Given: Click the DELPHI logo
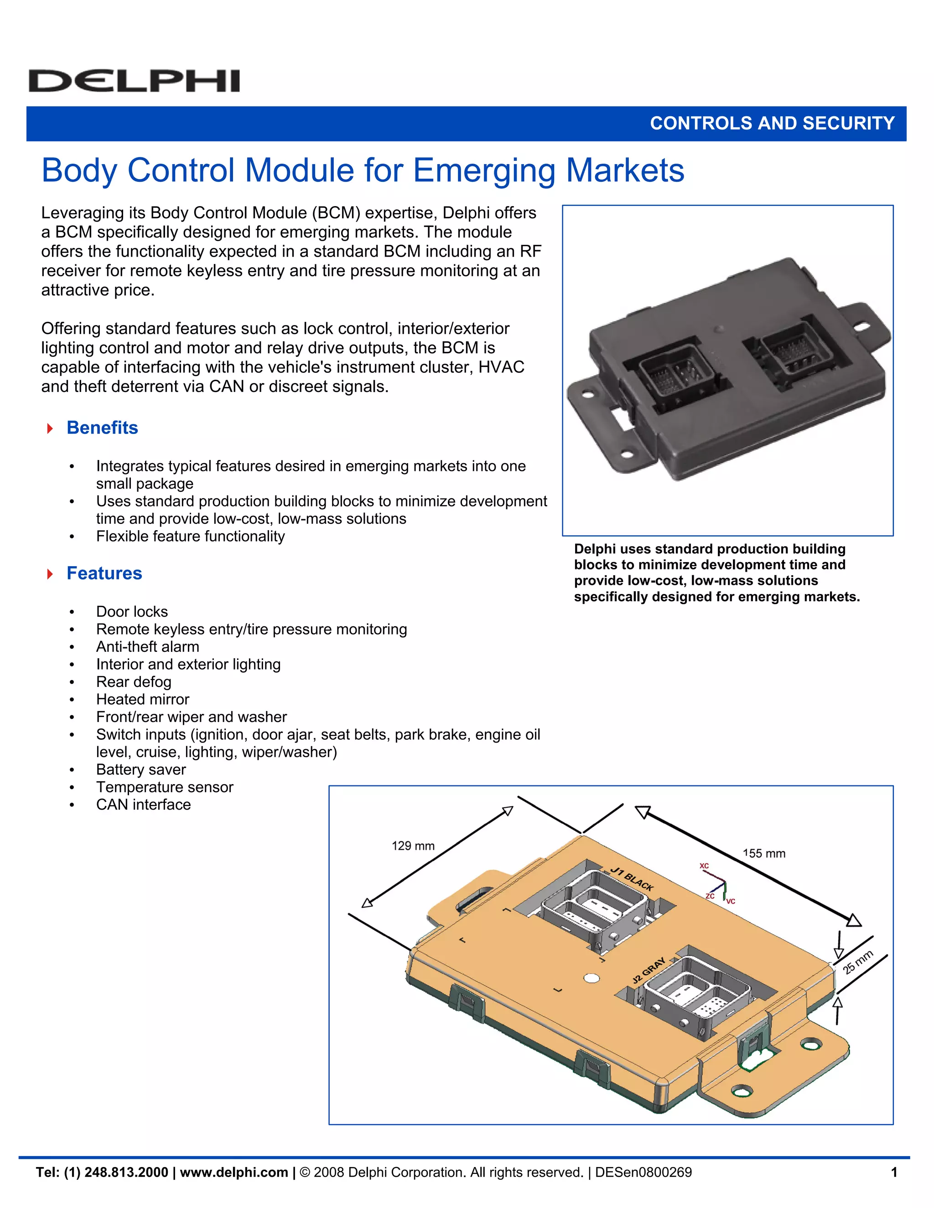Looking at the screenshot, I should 134,81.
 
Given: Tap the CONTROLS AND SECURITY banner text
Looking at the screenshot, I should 772,123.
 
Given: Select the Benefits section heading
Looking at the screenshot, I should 102,428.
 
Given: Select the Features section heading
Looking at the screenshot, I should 104,573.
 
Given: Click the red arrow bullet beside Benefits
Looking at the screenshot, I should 50,428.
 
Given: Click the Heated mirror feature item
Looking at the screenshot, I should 142,699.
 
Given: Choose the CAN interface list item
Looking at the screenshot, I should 143,804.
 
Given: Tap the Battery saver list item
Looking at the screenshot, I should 140,769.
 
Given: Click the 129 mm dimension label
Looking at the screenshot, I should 413,846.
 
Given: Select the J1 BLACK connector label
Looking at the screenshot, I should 632,879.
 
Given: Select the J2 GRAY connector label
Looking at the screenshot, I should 649,971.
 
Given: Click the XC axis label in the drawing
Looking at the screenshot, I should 704,866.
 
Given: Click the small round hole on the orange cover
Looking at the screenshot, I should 592,978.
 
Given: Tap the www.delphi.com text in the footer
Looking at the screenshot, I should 234,1172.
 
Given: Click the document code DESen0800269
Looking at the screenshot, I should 643,1172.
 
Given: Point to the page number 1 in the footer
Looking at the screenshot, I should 893,1172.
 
